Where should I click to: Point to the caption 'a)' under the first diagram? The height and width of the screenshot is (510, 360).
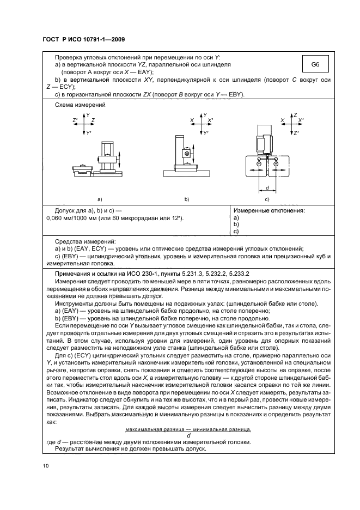click(x=100, y=199)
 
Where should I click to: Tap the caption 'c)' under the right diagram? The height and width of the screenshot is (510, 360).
click(x=267, y=199)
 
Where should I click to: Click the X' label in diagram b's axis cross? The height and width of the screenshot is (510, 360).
click(x=211, y=120)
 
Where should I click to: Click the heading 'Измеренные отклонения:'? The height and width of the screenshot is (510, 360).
click(x=269, y=210)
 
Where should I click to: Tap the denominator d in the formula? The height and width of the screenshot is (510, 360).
click(x=188, y=435)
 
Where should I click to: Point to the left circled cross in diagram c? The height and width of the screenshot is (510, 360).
click(x=259, y=163)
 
